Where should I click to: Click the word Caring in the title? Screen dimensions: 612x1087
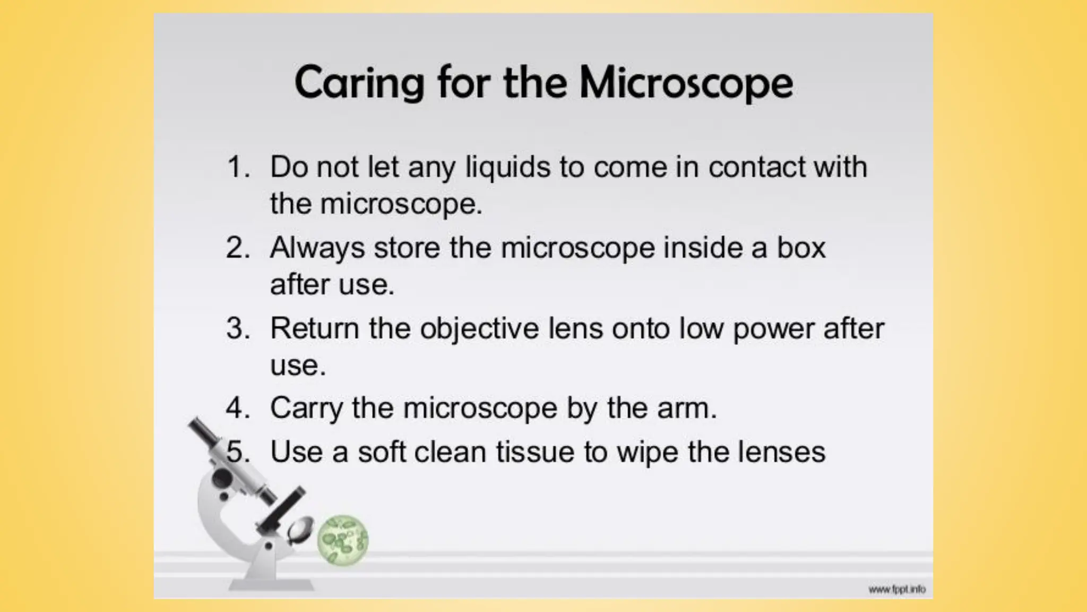(359, 83)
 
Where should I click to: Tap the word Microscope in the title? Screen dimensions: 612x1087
(686, 83)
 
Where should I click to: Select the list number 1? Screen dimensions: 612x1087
(237, 167)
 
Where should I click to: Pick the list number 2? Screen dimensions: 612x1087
(237, 248)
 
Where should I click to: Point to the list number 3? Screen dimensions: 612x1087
(237, 328)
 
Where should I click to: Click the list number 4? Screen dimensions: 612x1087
(237, 409)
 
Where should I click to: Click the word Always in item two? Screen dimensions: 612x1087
(317, 249)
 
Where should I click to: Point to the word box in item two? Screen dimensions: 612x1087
(801, 248)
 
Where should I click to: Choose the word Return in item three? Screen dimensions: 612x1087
(314, 328)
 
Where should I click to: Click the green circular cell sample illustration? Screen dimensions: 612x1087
(342, 540)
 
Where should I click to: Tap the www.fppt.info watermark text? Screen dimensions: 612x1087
(896, 589)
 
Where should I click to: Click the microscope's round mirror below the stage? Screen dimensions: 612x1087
(300, 528)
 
